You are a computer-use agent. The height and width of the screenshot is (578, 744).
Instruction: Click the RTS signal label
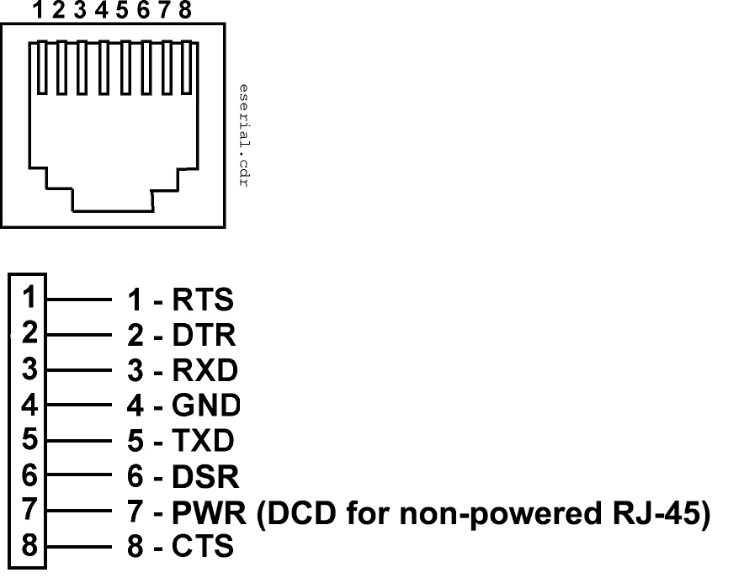tap(202, 300)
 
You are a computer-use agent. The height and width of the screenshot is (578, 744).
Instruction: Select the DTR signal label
tap(203, 336)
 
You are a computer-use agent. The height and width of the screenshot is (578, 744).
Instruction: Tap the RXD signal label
tap(205, 370)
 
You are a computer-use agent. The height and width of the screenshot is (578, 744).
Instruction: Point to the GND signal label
tap(206, 406)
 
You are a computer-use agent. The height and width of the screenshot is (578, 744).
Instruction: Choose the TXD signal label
tap(203, 441)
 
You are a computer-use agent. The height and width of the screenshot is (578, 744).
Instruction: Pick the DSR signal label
tap(205, 477)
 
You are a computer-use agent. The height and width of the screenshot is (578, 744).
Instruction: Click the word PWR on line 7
tap(210, 512)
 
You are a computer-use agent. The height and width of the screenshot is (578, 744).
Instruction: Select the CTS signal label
tap(202, 547)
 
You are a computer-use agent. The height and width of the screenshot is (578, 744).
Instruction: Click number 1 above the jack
tap(39, 11)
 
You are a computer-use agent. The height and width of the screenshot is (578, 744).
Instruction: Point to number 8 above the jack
tap(185, 11)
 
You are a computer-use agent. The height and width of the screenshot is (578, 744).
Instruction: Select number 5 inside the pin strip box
tap(29, 438)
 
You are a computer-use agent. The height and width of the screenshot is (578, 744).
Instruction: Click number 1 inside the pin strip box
tap(29, 297)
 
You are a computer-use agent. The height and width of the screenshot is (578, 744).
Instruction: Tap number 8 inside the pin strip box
tap(29, 545)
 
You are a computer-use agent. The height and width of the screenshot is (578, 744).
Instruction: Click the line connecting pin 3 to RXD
tap(79, 369)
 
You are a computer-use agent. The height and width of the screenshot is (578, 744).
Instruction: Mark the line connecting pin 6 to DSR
tap(79, 475)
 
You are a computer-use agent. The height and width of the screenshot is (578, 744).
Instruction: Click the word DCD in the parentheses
tap(300, 512)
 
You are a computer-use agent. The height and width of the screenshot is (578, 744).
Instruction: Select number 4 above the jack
tap(101, 11)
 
